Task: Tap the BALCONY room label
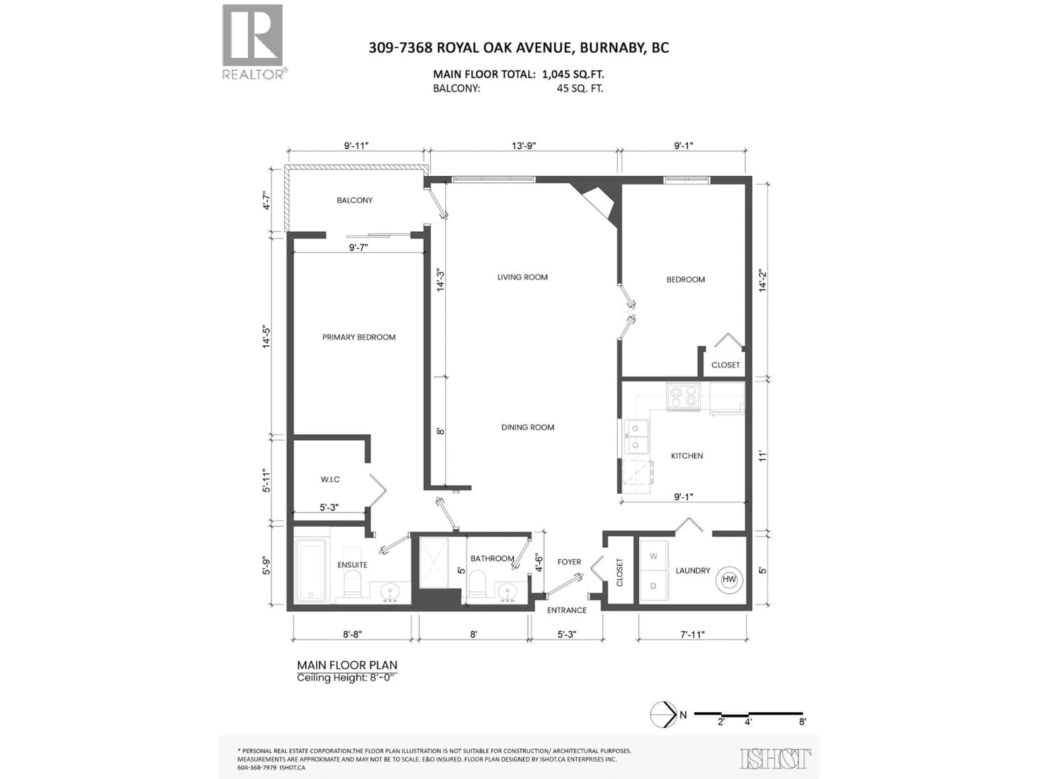[354, 200]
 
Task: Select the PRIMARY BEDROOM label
[358, 337]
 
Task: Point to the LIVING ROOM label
[522, 277]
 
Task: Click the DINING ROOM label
[527, 427]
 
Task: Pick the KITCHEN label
[687, 455]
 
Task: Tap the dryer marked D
[653, 586]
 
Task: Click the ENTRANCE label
[566, 610]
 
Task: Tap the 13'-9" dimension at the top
[524, 146]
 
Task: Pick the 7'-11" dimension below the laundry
[693, 634]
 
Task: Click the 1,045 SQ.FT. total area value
[573, 74]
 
